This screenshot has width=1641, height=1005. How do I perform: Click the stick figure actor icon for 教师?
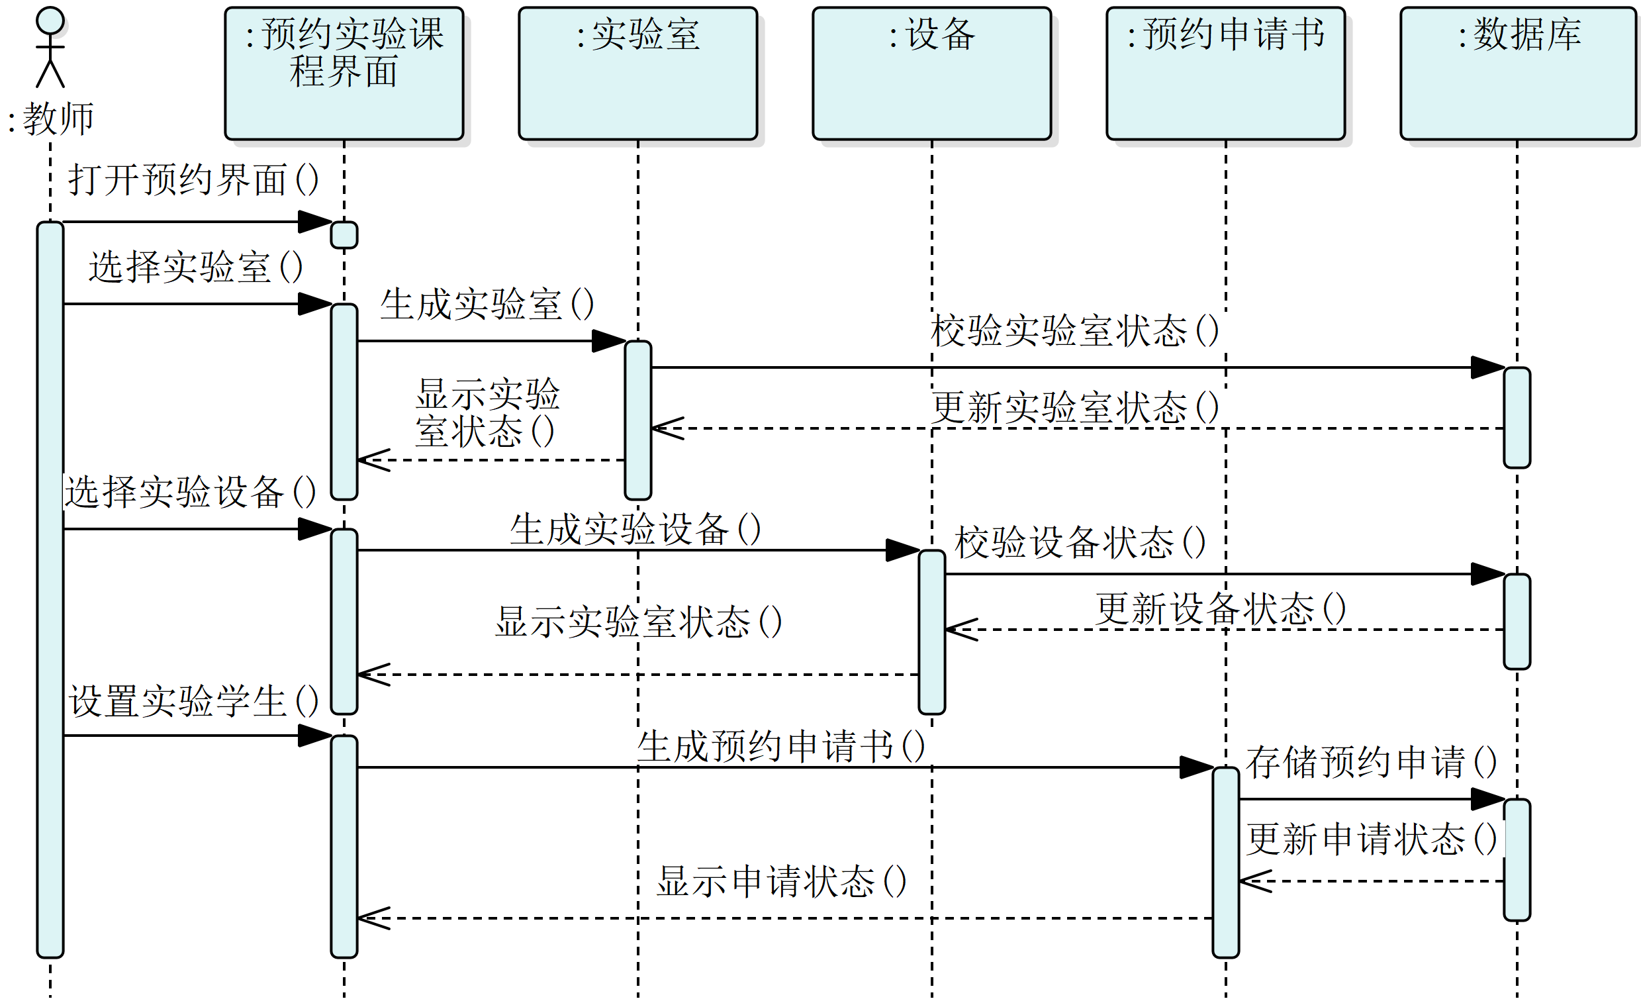click(x=50, y=48)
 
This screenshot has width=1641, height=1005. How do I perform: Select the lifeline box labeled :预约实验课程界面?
click(x=344, y=73)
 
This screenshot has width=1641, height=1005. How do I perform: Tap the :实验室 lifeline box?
click(x=637, y=73)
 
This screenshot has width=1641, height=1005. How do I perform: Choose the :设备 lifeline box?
click(x=932, y=73)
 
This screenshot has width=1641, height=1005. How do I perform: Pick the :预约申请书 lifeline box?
click(x=1225, y=73)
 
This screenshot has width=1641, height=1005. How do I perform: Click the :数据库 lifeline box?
click(x=1519, y=73)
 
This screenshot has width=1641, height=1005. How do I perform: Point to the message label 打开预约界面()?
click(x=193, y=180)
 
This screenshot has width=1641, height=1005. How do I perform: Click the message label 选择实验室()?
click(x=196, y=267)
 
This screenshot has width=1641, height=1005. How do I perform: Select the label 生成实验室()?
click(x=487, y=305)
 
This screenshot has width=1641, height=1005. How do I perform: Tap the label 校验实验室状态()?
click(x=1074, y=330)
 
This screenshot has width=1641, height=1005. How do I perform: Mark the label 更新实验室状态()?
click(x=1074, y=407)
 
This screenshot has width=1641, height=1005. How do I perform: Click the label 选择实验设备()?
click(x=190, y=492)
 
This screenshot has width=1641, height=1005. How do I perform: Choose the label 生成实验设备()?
click(x=635, y=530)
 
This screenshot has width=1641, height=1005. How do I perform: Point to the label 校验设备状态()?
click(x=1080, y=542)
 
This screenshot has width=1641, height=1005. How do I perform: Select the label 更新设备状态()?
click(x=1221, y=608)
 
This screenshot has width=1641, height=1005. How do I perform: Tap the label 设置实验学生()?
click(x=193, y=701)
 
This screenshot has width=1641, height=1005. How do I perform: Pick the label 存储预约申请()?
click(x=1372, y=762)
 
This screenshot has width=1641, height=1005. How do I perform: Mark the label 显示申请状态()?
click(x=781, y=881)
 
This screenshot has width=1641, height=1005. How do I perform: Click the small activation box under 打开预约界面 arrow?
click(x=344, y=235)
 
